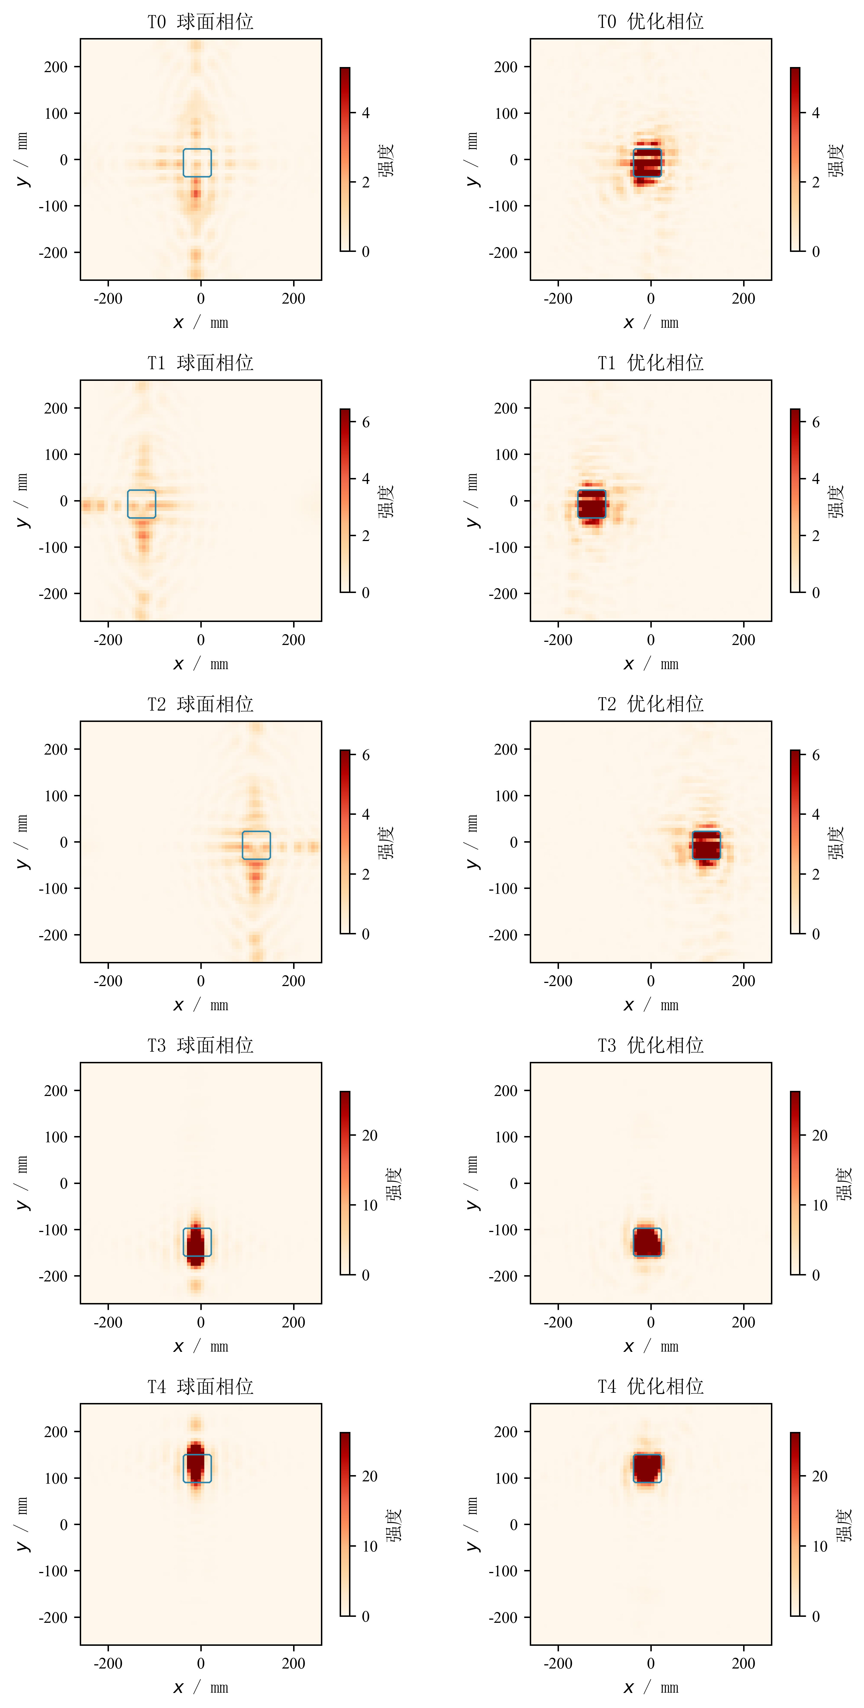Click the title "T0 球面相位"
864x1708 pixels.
coord(200,22)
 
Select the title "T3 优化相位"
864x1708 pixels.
coord(651,1046)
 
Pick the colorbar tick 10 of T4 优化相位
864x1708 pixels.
coord(820,1546)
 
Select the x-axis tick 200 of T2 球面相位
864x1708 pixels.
coord(293,981)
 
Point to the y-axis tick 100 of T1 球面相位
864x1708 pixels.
coord(56,455)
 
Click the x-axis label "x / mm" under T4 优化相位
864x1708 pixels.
coord(651,1688)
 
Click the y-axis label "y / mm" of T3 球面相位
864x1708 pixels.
coord(22,1183)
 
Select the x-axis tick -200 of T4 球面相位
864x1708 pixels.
coord(108,1664)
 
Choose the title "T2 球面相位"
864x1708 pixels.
coord(200,704)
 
